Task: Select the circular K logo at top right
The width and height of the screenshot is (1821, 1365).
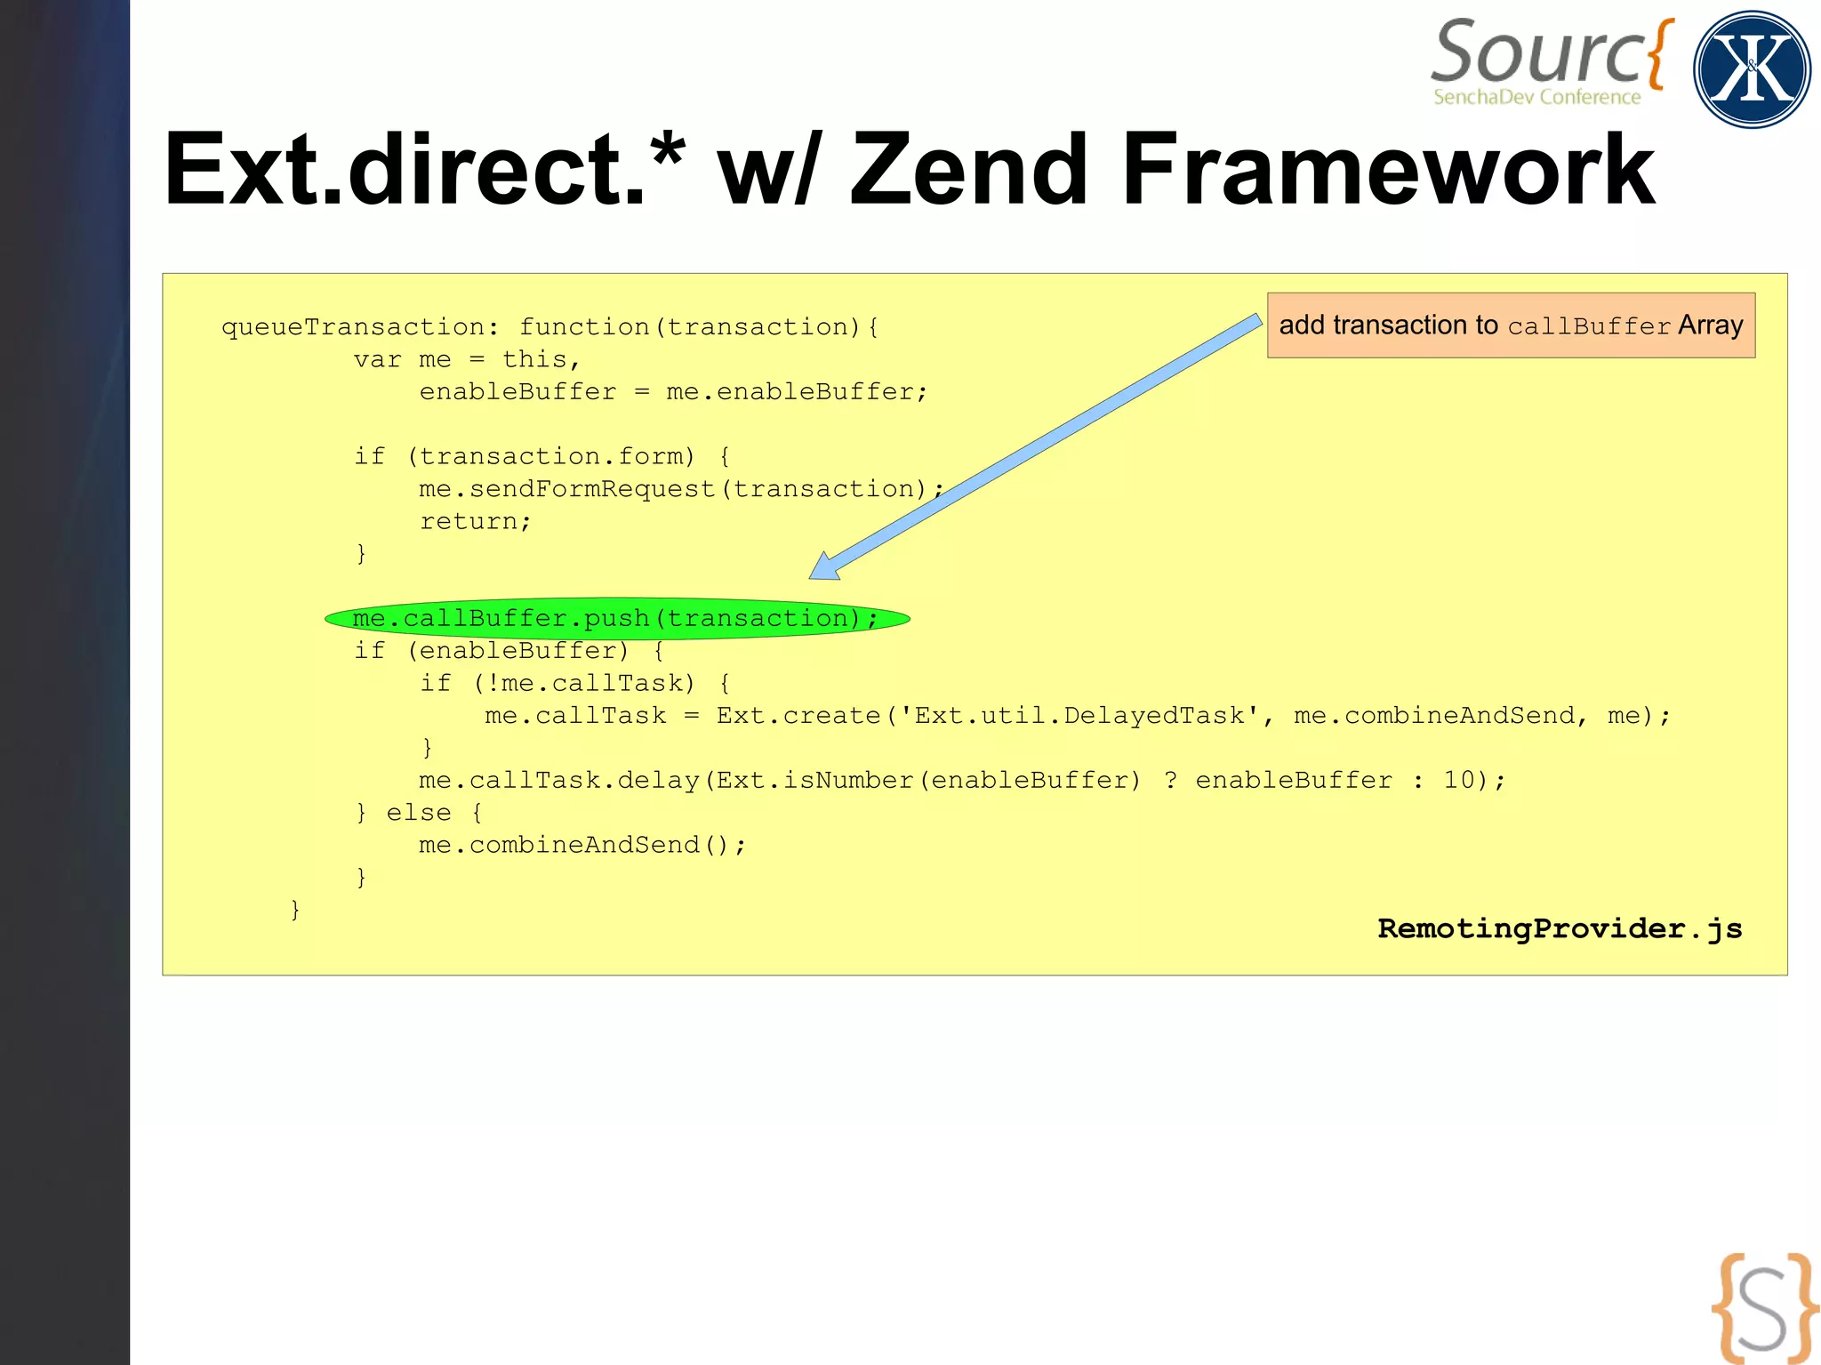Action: click(x=1752, y=69)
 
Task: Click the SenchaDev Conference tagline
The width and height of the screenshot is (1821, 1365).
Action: click(x=1536, y=97)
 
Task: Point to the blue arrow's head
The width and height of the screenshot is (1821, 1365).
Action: click(x=823, y=566)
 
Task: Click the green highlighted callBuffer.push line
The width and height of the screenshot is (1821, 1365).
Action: click(x=615, y=618)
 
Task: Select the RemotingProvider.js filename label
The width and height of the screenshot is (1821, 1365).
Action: click(x=1560, y=928)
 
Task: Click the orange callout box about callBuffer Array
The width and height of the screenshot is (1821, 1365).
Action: click(x=1510, y=325)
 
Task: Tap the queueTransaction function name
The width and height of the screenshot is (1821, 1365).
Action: click(x=352, y=327)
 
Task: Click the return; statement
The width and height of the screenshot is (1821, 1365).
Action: click(x=475, y=521)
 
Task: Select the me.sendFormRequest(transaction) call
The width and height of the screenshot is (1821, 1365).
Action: click(x=672, y=489)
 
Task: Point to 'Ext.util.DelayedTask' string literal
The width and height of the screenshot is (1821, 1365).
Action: click(x=1079, y=716)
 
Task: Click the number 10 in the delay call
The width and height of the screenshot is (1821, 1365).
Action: click(x=1458, y=780)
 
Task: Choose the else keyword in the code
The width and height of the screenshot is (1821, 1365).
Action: click(x=418, y=813)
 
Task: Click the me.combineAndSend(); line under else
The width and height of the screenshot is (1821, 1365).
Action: click(x=582, y=845)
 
